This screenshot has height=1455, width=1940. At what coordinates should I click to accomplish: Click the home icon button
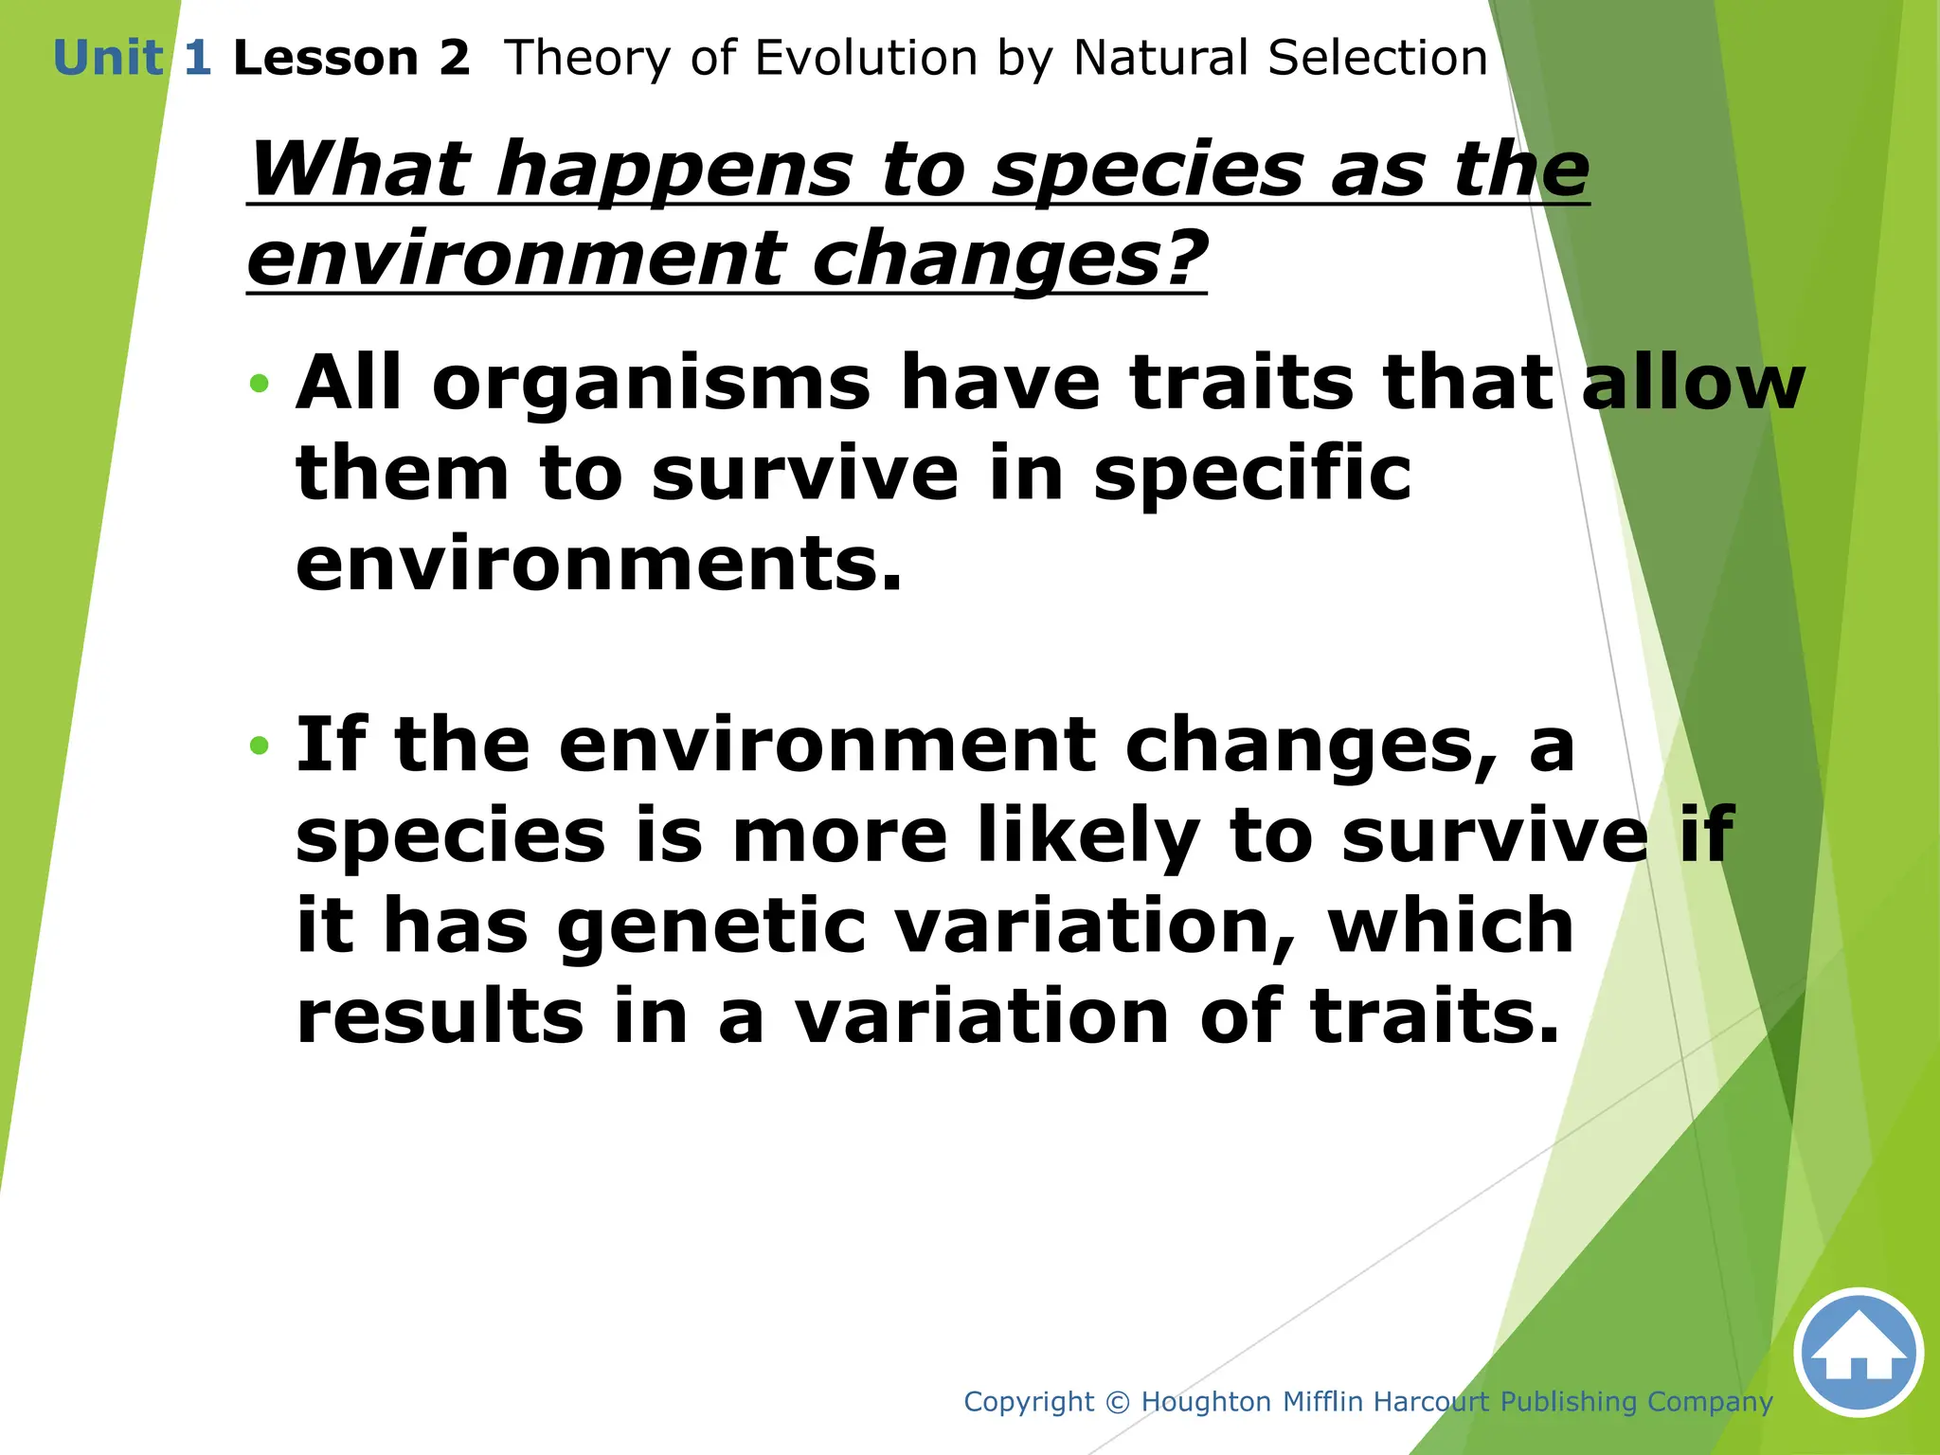1858,1352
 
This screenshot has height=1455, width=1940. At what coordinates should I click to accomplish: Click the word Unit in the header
108,59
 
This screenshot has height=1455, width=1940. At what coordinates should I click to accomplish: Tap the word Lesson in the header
325,59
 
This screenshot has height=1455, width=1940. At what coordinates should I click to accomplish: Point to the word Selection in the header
1377,59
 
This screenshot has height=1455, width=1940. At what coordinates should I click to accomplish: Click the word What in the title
359,171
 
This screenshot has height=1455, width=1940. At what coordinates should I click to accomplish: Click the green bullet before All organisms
259,385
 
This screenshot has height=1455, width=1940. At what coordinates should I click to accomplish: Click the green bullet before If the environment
259,746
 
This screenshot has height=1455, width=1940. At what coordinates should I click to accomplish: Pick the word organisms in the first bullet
651,385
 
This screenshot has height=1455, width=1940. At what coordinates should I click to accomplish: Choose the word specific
1251,474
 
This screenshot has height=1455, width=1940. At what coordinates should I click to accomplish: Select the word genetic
710,926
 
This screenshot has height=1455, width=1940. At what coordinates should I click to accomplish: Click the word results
440,1015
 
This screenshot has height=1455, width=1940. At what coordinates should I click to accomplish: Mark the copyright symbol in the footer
1118,1402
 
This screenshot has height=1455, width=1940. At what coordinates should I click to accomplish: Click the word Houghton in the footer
1206,1402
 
